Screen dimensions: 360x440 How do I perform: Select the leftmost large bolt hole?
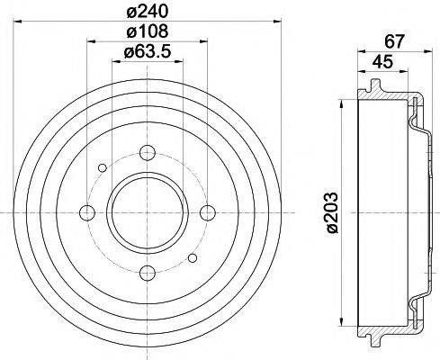click(87, 212)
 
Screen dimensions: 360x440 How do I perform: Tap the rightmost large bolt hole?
click(209, 212)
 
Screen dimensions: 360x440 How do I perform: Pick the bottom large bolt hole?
click(148, 274)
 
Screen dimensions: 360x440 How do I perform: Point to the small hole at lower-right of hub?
click(193, 257)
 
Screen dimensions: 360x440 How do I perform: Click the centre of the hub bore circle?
click(148, 212)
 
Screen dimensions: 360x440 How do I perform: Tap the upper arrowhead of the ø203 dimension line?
click(341, 103)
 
